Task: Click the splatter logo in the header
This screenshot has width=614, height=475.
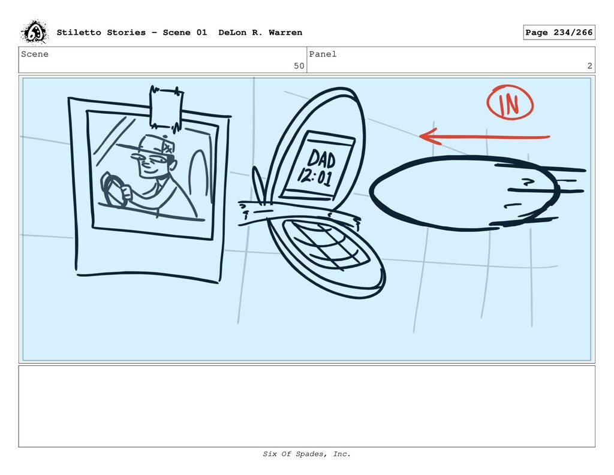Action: (x=34, y=32)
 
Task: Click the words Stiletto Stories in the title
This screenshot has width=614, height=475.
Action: (x=101, y=32)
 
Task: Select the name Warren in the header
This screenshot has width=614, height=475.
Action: (x=285, y=32)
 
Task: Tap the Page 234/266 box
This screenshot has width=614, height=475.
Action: (x=559, y=32)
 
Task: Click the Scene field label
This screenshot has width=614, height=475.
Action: (x=35, y=54)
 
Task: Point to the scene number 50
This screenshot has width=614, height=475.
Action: (x=299, y=66)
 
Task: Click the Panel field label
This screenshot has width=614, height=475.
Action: (x=323, y=54)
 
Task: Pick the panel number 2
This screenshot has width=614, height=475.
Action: (x=590, y=66)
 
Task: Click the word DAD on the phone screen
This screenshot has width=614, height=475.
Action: (x=321, y=159)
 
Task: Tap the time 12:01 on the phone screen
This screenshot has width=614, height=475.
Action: (x=315, y=177)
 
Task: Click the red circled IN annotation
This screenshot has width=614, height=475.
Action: (x=510, y=102)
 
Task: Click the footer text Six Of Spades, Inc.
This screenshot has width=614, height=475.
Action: (x=306, y=454)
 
